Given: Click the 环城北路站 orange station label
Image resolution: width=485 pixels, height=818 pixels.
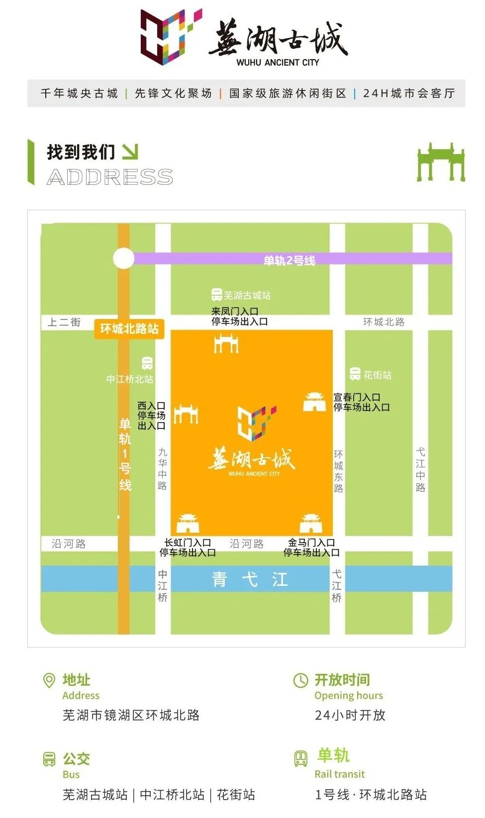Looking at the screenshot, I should coord(129,328).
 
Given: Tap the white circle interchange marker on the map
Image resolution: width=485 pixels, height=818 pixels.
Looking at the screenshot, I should coord(123,258).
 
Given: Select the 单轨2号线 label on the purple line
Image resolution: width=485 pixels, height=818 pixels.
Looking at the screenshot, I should coord(289,260).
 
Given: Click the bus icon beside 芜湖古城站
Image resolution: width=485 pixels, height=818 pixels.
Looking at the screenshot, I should coord(216,295).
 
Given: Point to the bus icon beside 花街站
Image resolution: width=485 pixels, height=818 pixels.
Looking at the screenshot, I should coord(355,374).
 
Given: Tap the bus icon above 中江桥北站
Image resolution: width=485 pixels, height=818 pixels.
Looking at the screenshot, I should coord(147,363).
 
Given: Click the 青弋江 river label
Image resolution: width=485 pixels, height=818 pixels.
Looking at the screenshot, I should coord(250,579).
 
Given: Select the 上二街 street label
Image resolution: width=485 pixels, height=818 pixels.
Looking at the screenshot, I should coord(64,322).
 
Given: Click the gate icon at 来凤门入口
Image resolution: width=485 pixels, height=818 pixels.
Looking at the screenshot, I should coord(226,343).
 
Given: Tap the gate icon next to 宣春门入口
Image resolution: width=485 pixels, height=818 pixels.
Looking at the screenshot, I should coord(314,402).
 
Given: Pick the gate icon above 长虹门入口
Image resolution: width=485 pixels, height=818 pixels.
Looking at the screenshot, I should coord(188,524).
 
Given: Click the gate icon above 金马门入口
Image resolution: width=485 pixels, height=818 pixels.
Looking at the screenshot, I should coord(311,524).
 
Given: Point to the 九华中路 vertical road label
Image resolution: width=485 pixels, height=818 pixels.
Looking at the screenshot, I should coord(163,469).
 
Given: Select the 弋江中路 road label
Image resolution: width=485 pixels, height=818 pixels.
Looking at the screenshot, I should coord(420,470).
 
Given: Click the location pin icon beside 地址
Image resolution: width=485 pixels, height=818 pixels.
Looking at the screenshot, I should coord(49,680).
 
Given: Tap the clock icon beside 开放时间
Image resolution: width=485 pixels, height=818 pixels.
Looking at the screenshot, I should coord(300,680).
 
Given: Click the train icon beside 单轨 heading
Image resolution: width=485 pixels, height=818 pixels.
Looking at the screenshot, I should coord(301,758).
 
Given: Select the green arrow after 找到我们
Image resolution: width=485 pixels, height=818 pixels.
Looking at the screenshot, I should coord(130,152).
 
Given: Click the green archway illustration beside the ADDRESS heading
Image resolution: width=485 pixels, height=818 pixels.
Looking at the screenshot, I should coord(440,163).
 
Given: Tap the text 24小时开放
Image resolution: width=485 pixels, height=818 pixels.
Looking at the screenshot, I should coord(350,715).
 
